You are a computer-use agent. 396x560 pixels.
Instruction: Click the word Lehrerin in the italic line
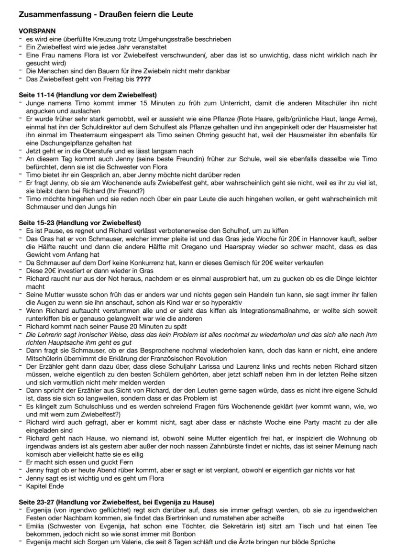pos(48,334)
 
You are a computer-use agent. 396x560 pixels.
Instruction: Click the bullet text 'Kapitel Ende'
pos(44,486)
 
